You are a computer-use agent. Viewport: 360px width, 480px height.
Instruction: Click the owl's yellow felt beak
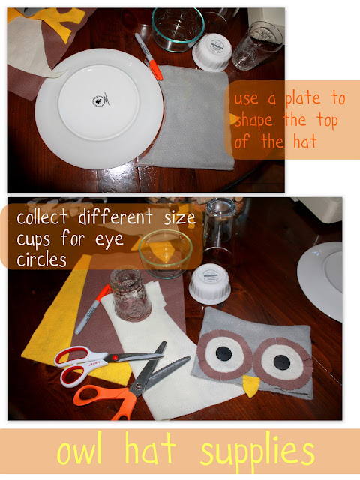tap(250, 385)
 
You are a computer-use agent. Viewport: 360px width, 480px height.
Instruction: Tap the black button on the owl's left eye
tap(223, 353)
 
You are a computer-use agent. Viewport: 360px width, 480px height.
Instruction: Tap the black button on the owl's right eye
tap(282, 362)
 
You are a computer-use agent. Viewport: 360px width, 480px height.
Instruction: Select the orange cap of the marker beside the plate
tap(156, 70)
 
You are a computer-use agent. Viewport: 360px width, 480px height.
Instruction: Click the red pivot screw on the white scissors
tap(115, 357)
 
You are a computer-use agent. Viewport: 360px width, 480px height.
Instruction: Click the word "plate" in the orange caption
tap(303, 98)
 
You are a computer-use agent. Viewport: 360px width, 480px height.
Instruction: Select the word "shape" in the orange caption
tap(253, 120)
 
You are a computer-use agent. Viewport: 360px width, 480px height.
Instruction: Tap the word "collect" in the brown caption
tap(42, 217)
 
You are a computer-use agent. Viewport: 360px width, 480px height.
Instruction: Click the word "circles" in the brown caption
tap(41, 260)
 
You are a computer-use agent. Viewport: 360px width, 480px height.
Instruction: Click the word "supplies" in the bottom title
tap(257, 454)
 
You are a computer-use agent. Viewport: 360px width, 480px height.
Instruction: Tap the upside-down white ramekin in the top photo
tap(211, 52)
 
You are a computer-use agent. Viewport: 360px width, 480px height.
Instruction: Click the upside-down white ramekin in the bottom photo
tap(210, 283)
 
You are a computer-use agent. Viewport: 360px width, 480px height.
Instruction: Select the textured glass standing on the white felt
tap(130, 293)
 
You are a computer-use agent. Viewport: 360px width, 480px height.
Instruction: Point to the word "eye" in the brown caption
tap(109, 239)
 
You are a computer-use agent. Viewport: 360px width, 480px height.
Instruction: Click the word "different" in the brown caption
tap(115, 217)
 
